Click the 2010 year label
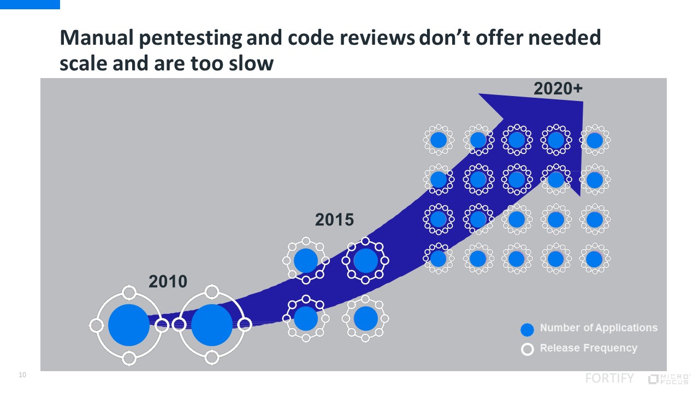168,282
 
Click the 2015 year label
334,220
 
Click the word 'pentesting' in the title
189,38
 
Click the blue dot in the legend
527,330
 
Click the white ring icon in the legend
527,349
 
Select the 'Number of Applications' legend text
599,328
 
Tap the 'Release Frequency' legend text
588,348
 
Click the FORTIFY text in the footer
609,378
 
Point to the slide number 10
22,375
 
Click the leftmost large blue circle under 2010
129,325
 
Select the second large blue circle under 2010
212,325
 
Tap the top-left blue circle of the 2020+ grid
439,140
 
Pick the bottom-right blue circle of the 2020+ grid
595,259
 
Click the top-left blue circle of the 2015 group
306,260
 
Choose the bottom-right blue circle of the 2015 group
366,318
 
